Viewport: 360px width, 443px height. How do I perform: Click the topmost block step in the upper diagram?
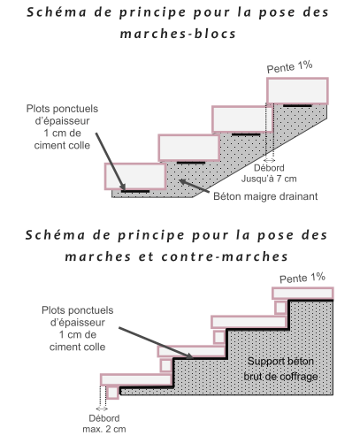coord(297,91)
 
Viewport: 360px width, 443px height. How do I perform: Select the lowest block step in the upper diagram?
coord(135,176)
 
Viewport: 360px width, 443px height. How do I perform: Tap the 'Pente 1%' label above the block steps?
coord(289,67)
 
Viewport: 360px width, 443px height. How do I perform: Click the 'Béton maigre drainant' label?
coord(265,196)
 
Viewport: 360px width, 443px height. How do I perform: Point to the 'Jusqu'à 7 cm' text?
coord(269,179)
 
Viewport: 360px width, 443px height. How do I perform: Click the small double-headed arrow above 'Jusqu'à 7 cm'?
coord(269,160)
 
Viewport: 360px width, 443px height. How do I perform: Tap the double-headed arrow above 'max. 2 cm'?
coord(102,409)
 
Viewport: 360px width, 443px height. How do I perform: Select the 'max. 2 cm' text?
coord(104,429)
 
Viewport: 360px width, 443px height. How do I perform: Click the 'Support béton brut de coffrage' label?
coord(280,369)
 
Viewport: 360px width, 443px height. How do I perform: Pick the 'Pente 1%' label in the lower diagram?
coord(303,278)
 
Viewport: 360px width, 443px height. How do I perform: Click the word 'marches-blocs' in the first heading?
coord(178,34)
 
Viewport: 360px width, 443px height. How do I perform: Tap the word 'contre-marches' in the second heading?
coord(225,256)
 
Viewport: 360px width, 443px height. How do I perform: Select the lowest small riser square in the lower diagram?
coord(112,393)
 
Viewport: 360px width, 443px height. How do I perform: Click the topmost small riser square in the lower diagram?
coord(280,308)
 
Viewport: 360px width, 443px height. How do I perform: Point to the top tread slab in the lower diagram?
coord(303,294)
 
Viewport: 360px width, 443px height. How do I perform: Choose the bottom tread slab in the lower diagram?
coord(136,379)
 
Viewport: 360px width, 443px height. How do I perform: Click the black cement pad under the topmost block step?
coord(297,105)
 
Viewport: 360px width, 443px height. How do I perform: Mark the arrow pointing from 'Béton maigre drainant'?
coord(195,187)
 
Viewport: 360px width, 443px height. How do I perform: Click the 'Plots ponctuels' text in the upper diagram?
coord(62,109)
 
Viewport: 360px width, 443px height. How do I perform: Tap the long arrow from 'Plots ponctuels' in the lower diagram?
coord(156,343)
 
